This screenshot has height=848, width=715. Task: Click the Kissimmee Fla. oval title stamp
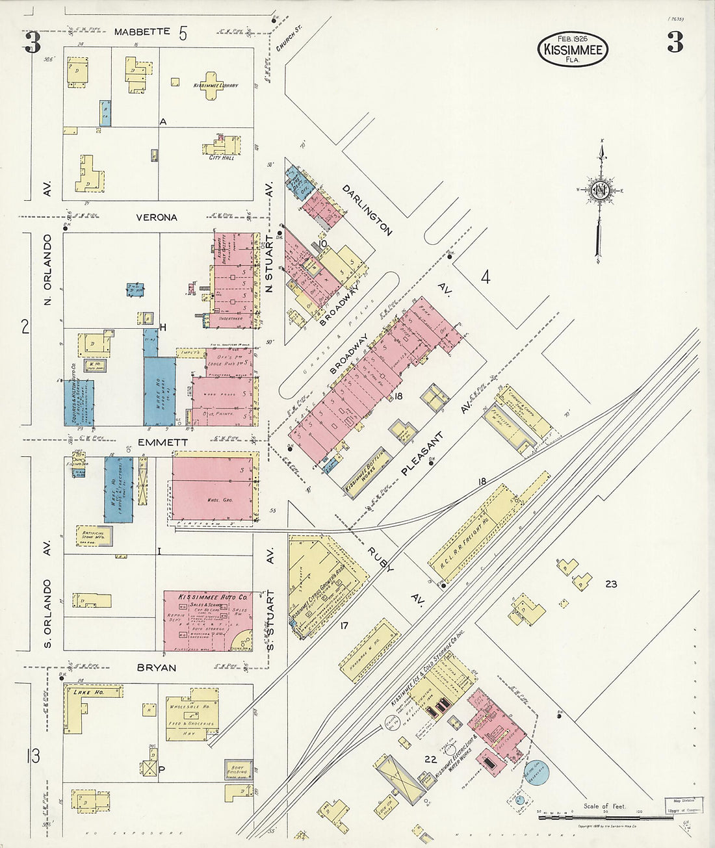click(x=573, y=49)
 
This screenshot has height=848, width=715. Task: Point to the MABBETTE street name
click(x=142, y=32)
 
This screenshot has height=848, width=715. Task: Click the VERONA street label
click(x=156, y=218)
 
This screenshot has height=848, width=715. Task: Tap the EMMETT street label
click(x=154, y=443)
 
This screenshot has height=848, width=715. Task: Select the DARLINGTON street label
click(x=367, y=209)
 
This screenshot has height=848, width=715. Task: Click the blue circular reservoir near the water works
click(x=537, y=773)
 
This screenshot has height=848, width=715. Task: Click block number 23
click(x=610, y=584)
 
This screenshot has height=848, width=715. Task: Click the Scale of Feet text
click(x=604, y=806)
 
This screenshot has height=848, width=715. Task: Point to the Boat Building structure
click(x=238, y=769)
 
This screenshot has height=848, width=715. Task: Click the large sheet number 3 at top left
click(x=32, y=43)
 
